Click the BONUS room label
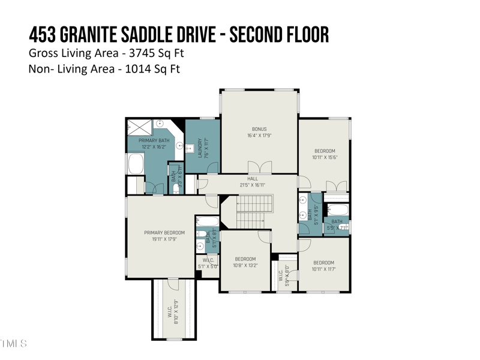pos(259,129)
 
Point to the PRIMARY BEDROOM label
pos(164,233)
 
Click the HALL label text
pos(253,179)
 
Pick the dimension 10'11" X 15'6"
pos(325,158)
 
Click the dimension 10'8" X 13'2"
pos(245,265)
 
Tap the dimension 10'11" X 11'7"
pos(324,269)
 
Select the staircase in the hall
pos(254,212)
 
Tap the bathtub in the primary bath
pos(135,164)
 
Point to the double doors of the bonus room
pos(260,167)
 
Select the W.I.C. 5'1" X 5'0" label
pos(208,263)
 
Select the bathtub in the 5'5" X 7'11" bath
pos(338,210)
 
